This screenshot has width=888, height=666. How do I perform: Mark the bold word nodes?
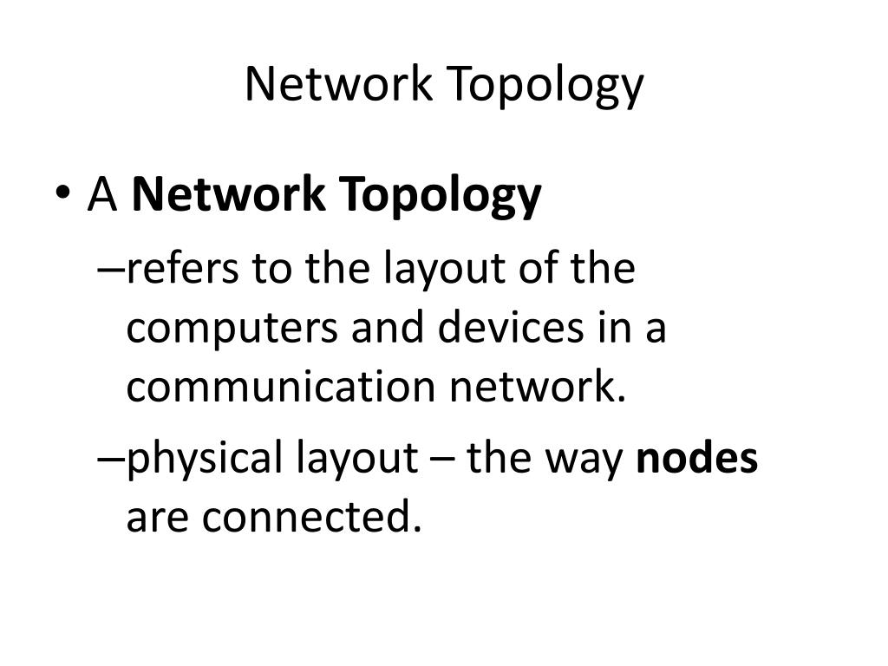697,458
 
